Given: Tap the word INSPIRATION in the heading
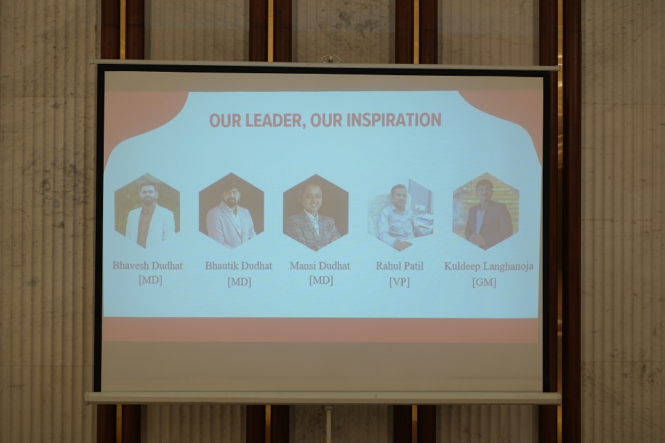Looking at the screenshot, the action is coord(394,120).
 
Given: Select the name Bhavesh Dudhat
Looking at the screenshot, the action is coord(148,265).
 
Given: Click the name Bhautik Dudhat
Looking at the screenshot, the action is coord(239,266).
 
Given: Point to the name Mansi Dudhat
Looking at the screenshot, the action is coord(320,266).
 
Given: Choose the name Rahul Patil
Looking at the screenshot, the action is coord(400,266).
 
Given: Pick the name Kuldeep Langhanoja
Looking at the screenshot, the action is coord(489,267).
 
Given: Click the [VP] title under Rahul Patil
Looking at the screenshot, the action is coord(400,282).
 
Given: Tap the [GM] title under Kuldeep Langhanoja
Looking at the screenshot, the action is coord(484,282).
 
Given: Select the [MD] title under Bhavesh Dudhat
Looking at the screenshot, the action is coord(150,280).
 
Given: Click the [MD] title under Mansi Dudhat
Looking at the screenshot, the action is coord(321,280).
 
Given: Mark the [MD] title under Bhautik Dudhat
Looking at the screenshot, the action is coord(239,282).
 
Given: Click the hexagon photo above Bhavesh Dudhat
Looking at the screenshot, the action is coord(147,211).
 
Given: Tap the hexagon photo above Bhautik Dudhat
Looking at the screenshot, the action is coord(231,211).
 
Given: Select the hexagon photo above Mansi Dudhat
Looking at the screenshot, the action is coord(316,212).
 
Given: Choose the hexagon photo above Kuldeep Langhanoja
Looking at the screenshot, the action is coord(486,212).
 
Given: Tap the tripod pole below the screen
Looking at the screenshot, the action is coord(329,424).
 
